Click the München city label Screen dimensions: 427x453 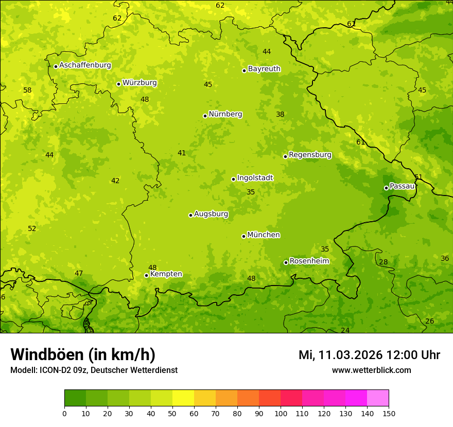coord(264,235)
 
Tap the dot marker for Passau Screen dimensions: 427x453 coord(386,188)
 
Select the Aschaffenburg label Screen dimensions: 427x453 coord(85,65)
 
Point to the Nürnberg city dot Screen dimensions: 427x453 coord(205,116)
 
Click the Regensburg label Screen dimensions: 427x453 coord(310,155)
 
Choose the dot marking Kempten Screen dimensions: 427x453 coord(146,275)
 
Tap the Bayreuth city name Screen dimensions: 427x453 coord(264,69)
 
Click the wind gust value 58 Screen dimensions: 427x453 coord(27,91)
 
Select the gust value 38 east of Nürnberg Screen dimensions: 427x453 coord(280,115)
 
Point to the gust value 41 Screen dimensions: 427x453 coord(182,153)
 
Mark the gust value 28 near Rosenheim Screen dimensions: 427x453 coord(384,262)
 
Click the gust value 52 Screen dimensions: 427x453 coord(32,229)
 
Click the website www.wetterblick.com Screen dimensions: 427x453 coord(371,370)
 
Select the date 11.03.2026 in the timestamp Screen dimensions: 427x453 coord(350,355)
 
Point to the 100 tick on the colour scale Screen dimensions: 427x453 coord(281,413)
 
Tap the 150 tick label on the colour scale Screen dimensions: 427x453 coord(389,413)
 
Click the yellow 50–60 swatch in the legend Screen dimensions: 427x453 coord(183,398)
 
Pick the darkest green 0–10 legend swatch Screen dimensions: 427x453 coord(75,398)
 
